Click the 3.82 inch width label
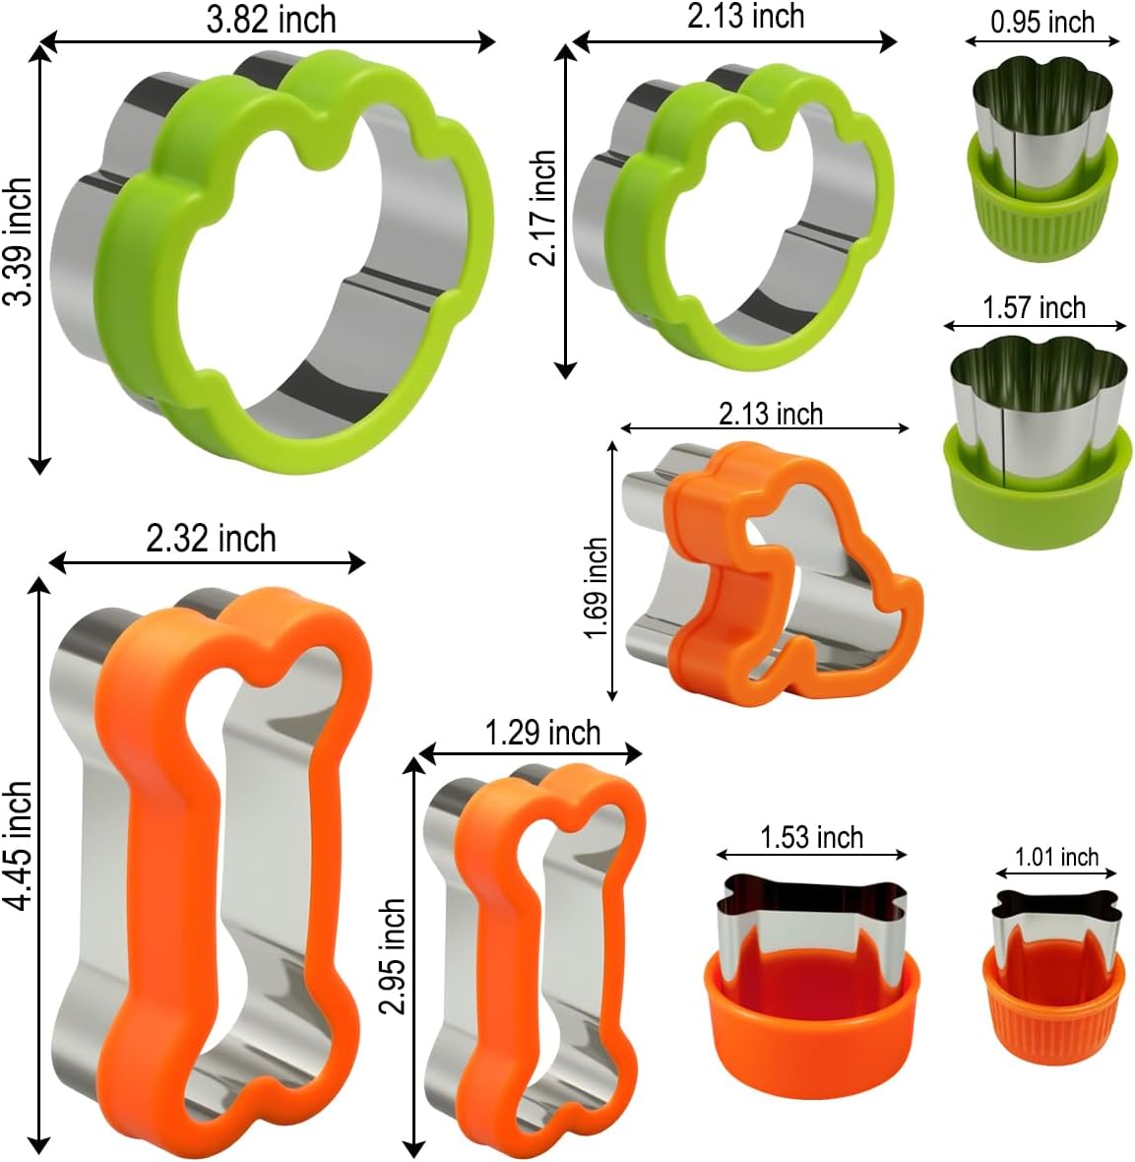point(271,20)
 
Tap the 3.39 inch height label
point(18,242)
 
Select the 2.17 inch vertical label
point(542,208)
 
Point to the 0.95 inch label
point(1042,22)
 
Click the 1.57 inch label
point(1034,307)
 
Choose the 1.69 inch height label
point(597,588)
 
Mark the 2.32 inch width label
point(211,539)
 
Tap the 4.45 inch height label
point(18,848)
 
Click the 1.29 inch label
point(542,733)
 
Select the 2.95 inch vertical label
point(393,955)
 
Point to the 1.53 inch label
point(811,837)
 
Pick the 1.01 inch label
point(1056,857)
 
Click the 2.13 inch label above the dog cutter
point(770,414)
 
